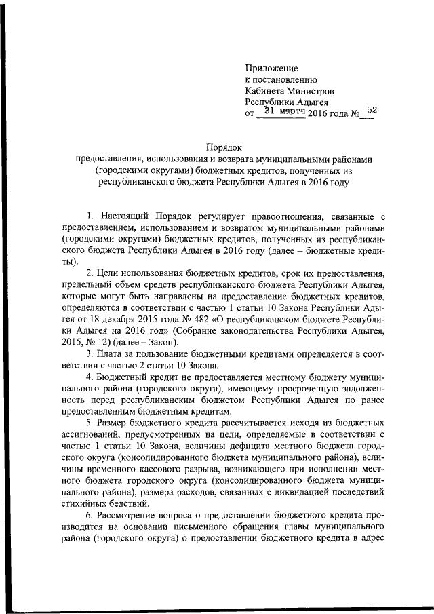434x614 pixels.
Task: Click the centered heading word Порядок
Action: [x=224, y=147]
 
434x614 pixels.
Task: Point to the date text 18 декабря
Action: [x=123, y=318]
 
